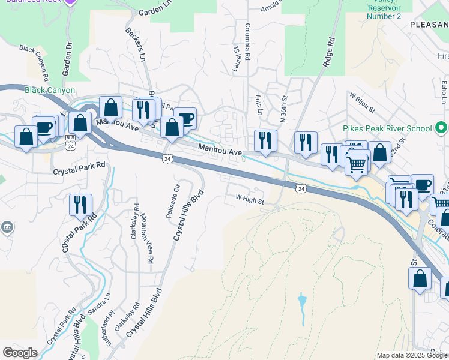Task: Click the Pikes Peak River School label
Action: pyautogui.click(x=387, y=128)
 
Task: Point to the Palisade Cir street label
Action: pyautogui.click(x=172, y=200)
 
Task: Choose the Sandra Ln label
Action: pyautogui.click(x=101, y=305)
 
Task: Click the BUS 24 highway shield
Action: pyautogui.click(x=70, y=146)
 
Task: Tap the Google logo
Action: pyautogui.click(x=20, y=353)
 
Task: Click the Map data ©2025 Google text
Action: pyautogui.click(x=411, y=355)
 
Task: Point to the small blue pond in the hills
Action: pyautogui.click(x=302, y=299)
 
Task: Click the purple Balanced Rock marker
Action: pyautogui.click(x=71, y=2)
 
